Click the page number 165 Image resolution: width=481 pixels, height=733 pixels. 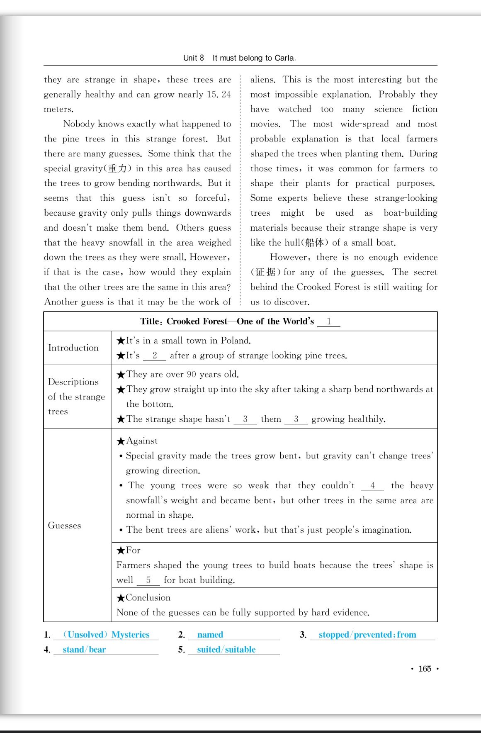(x=425, y=669)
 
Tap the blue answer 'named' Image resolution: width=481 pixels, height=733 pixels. (x=210, y=635)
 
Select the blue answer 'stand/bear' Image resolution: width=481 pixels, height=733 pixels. (x=84, y=650)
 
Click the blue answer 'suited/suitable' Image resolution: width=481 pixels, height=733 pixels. (x=226, y=650)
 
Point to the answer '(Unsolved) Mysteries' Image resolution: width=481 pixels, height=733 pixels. (x=106, y=635)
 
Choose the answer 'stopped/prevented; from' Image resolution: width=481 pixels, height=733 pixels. (x=367, y=635)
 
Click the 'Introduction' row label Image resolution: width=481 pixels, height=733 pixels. (x=73, y=348)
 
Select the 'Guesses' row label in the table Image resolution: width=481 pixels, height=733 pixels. (x=65, y=526)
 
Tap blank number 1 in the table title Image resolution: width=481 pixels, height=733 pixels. (x=329, y=321)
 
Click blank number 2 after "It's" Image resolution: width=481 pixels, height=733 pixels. (x=155, y=356)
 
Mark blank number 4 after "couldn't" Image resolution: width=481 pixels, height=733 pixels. (x=372, y=486)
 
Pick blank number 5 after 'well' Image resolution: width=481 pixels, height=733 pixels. (x=148, y=580)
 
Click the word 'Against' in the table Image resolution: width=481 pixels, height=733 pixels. (x=142, y=441)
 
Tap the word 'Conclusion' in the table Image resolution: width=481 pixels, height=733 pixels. (x=148, y=598)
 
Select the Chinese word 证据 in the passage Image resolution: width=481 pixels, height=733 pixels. (x=265, y=272)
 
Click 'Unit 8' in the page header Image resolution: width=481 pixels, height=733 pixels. (x=194, y=58)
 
